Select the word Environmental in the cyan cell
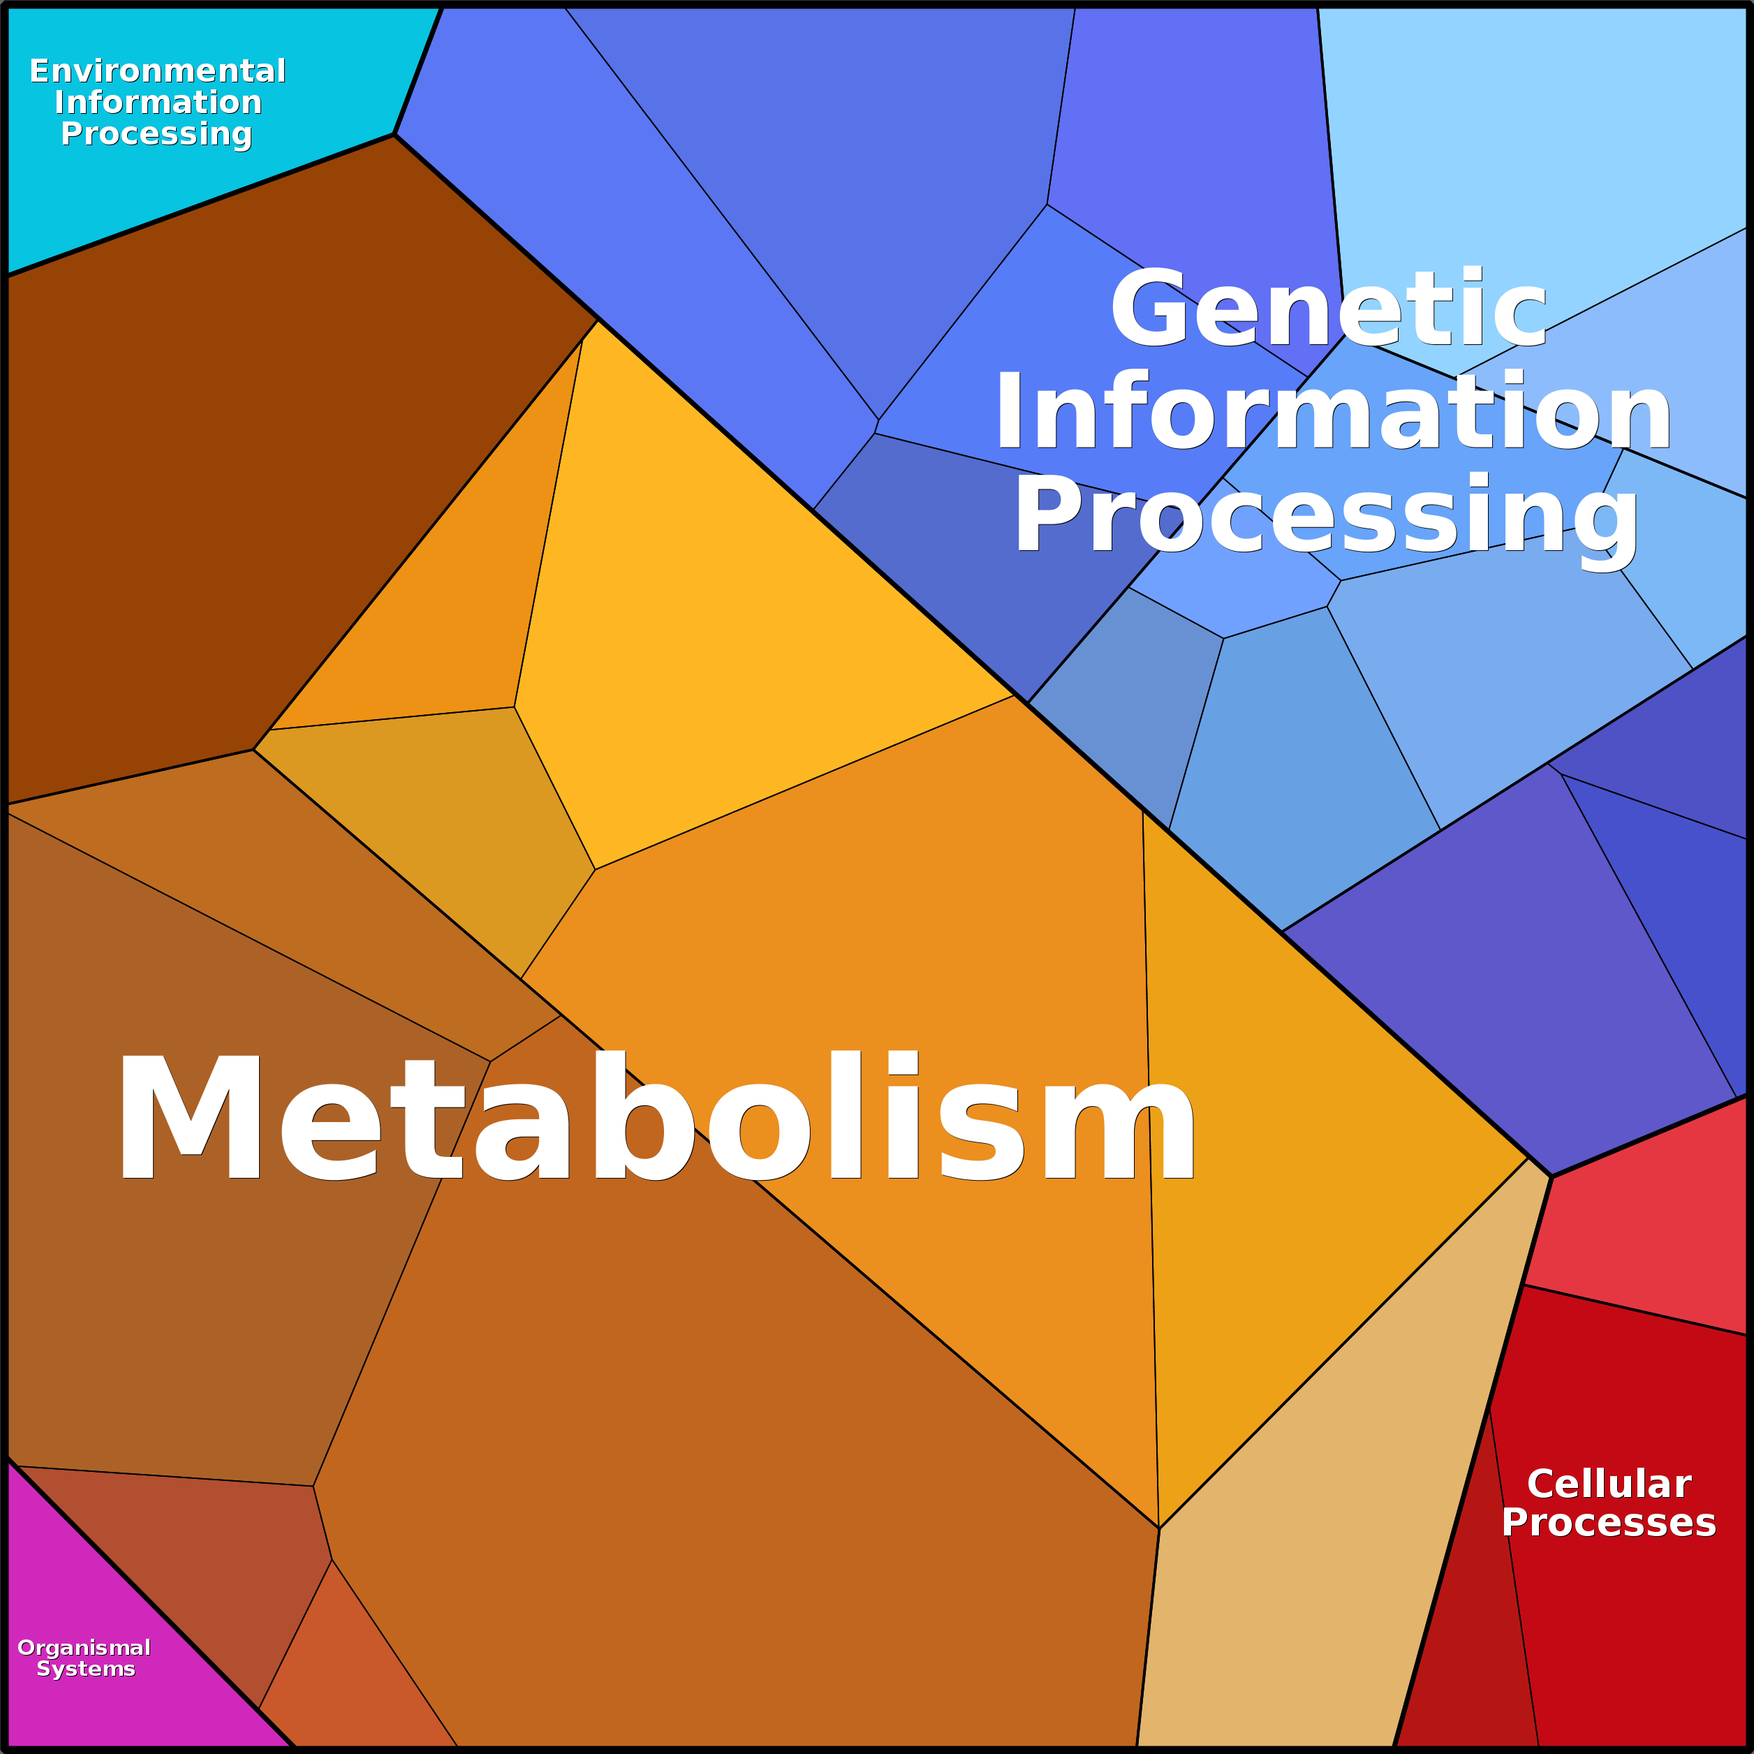point(158,71)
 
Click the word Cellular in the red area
point(1609,1484)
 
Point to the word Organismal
point(84,1648)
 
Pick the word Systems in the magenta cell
point(87,1669)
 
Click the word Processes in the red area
point(1609,1522)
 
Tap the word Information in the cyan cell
point(158,103)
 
